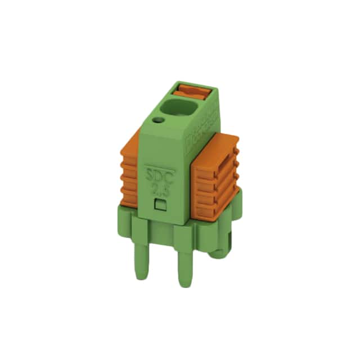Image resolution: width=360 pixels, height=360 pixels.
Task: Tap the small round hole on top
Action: click(x=159, y=120)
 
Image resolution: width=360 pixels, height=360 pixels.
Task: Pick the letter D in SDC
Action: click(x=159, y=174)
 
